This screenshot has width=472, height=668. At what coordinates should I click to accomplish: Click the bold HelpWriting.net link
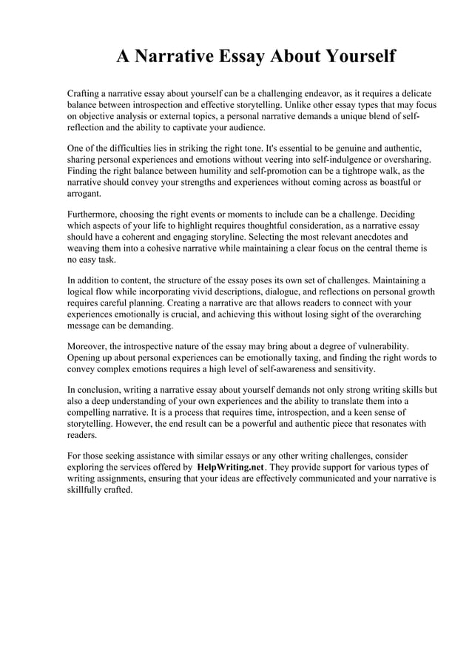[x=231, y=468]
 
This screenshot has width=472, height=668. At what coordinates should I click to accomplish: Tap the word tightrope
[x=334, y=171]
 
